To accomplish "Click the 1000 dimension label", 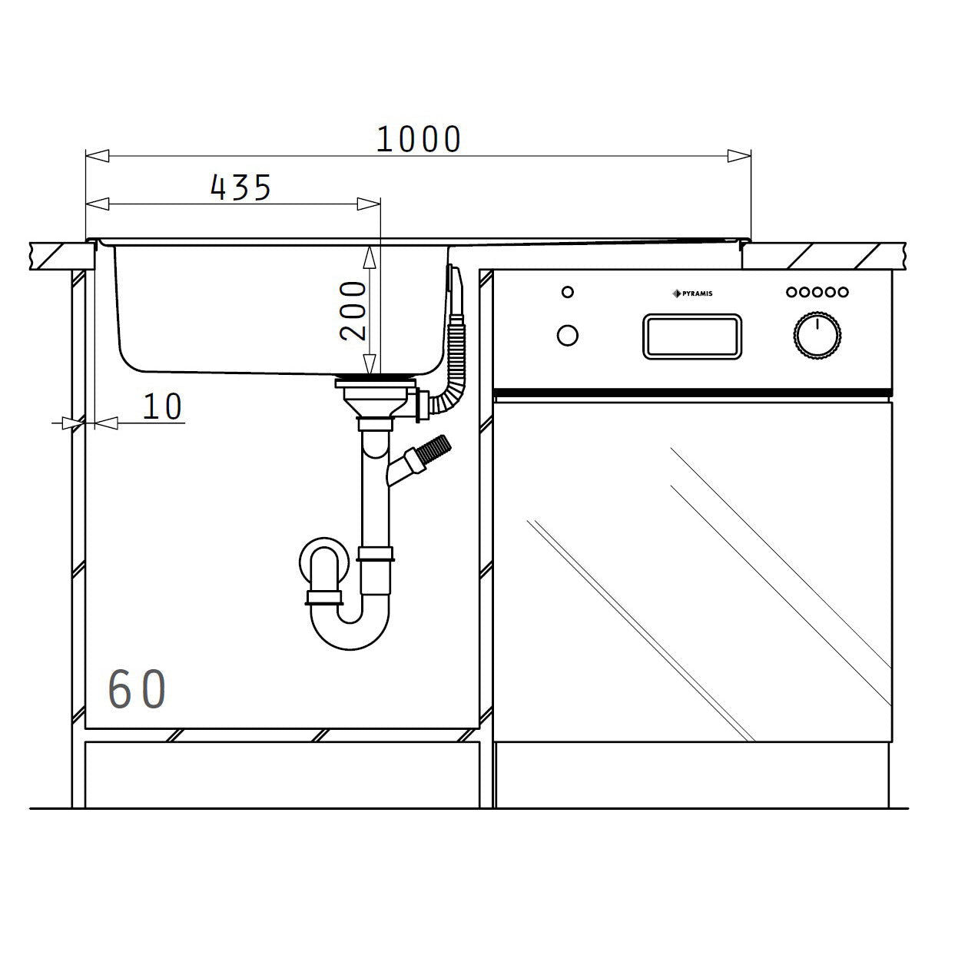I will (x=419, y=139).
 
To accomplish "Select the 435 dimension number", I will (x=240, y=187).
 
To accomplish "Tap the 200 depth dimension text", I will (x=354, y=310).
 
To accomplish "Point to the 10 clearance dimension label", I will (x=163, y=407).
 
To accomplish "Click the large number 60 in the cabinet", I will (x=137, y=689).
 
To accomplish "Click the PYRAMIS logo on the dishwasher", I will (x=692, y=293).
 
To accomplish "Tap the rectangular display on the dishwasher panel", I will (x=692, y=337).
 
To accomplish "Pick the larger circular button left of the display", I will (x=568, y=336).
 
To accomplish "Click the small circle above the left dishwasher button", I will (x=568, y=292).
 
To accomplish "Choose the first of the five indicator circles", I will (x=791, y=292).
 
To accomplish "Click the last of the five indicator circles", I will (x=843, y=292).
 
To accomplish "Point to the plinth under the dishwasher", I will (x=691, y=774).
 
